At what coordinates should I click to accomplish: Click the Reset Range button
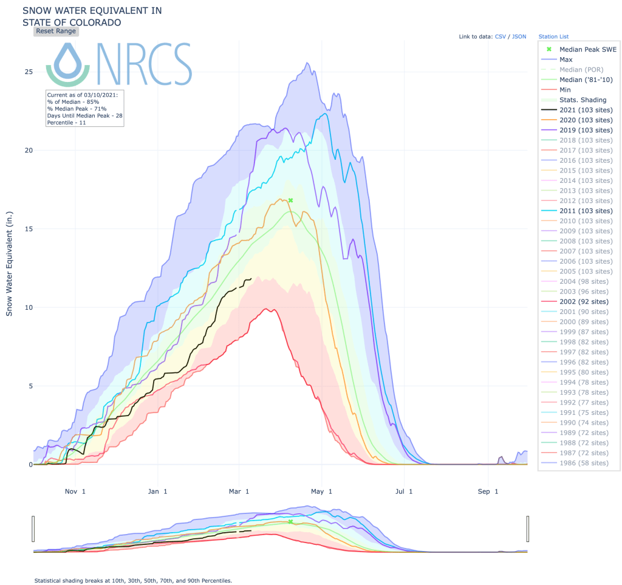pyautogui.click(x=56, y=31)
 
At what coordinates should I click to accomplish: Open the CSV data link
pyautogui.click(x=500, y=36)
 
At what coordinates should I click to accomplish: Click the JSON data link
pyautogui.click(x=519, y=36)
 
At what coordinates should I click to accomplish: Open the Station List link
pyautogui.click(x=553, y=36)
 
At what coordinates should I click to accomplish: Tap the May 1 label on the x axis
pyautogui.click(x=323, y=491)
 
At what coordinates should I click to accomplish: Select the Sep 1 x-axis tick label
pyautogui.click(x=488, y=491)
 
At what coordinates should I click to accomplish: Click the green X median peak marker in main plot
pyautogui.click(x=290, y=200)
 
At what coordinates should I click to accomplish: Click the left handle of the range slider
pyautogui.click(x=34, y=528)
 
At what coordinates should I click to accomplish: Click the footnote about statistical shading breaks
pyautogui.click(x=133, y=581)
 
